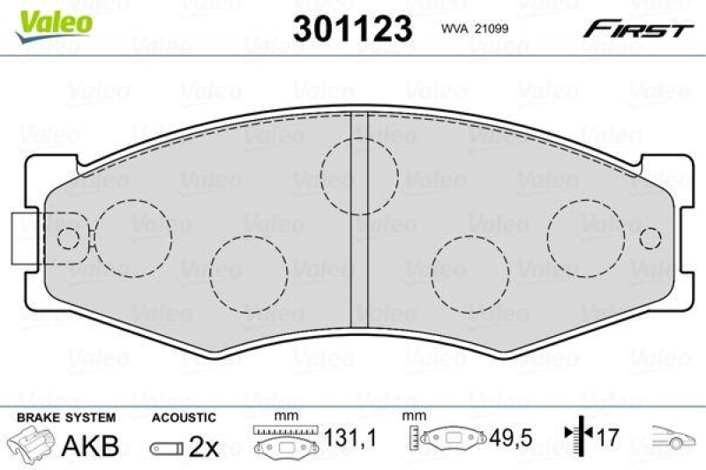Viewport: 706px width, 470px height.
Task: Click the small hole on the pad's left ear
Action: [67, 238]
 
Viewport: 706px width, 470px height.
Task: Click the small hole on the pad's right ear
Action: [651, 238]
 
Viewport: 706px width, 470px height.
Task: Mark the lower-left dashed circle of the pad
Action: [250, 275]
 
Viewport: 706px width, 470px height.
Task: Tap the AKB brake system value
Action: [90, 445]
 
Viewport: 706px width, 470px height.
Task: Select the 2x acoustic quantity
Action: [205, 446]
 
